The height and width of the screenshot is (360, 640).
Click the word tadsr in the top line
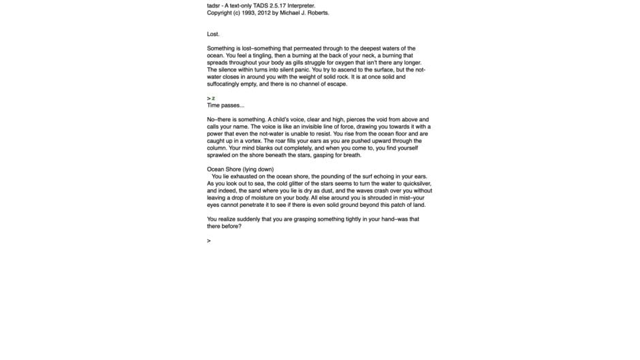coord(214,6)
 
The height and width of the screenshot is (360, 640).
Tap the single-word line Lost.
coord(213,34)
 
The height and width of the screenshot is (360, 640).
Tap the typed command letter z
coord(214,99)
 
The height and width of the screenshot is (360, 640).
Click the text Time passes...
coord(225,105)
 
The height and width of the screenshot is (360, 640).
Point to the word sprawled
coord(219,155)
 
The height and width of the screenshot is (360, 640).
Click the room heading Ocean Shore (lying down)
coord(240,169)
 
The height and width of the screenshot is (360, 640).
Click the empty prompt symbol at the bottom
coord(209,241)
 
